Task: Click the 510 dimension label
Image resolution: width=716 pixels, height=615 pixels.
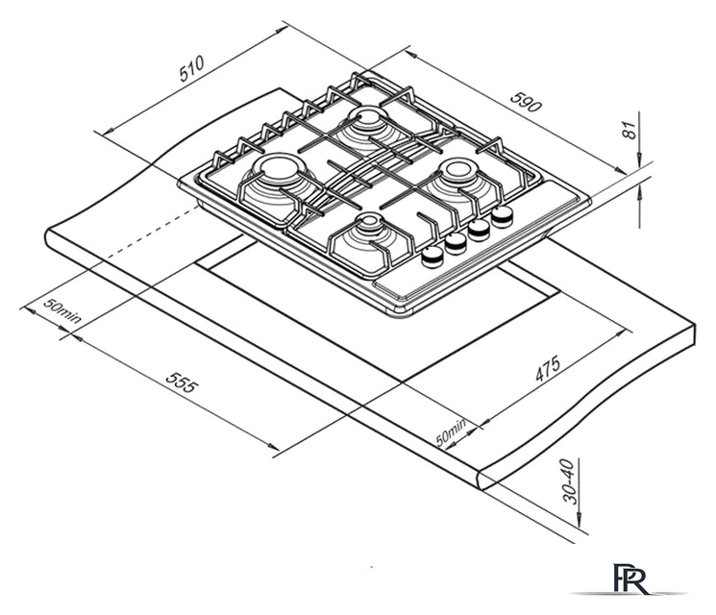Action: click(191, 68)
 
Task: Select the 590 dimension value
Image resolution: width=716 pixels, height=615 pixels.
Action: click(526, 102)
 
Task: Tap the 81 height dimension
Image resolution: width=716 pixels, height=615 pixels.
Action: click(630, 130)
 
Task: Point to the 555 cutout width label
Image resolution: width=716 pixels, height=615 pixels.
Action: click(183, 382)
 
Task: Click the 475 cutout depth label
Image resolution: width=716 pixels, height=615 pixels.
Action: click(548, 369)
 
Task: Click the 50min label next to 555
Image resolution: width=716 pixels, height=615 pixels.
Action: click(62, 310)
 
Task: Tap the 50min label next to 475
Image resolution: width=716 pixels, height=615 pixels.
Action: click(451, 431)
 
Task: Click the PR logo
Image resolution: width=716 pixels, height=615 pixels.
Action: click(630, 578)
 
